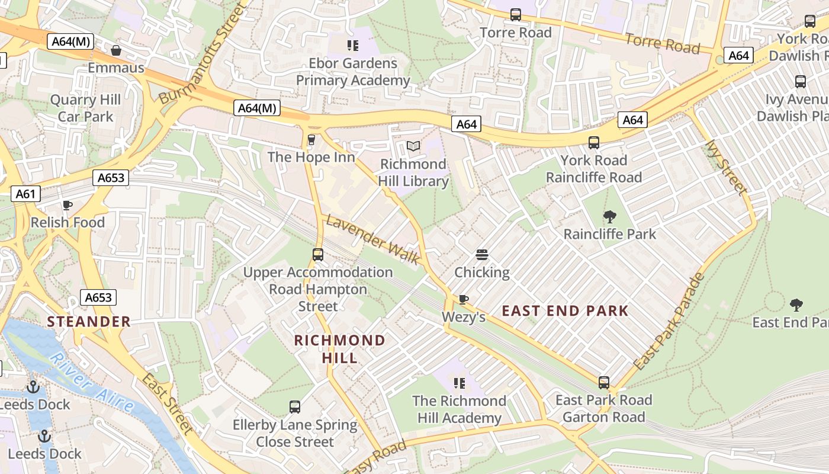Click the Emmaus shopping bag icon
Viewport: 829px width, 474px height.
(116, 50)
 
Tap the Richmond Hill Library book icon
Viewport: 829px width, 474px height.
(413, 146)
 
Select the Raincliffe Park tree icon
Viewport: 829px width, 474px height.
(609, 216)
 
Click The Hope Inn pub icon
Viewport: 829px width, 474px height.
(311, 139)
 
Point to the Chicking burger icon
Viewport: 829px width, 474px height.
(482, 255)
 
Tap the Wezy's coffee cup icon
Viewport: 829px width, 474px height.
(463, 299)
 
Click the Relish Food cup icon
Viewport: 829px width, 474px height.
(68, 205)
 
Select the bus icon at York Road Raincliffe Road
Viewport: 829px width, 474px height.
(593, 143)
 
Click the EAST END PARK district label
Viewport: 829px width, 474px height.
(565, 311)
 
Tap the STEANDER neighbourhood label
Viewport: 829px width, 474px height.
(89, 322)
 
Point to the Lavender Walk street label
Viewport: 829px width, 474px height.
(373, 239)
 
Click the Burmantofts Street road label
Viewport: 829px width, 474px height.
(202, 54)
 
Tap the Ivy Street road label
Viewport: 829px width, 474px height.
(726, 167)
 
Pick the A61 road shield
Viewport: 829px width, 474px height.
(25, 194)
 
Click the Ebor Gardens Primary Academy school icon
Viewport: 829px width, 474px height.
(353, 45)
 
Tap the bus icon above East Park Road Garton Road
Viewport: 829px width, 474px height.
(603, 383)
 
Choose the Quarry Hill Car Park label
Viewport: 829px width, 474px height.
(85, 108)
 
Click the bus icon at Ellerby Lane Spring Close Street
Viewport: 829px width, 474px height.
(295, 407)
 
